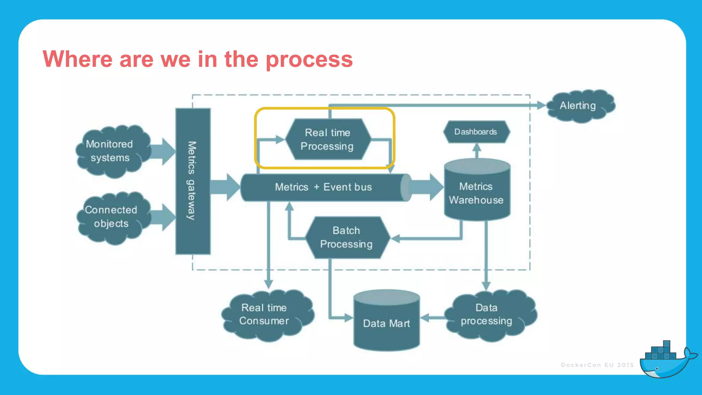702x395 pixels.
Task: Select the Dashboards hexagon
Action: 476,132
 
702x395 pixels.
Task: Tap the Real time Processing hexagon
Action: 328,139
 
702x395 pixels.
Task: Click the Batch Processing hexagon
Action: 347,237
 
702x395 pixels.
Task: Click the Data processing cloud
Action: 489,315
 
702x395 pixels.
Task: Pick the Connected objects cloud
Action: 112,217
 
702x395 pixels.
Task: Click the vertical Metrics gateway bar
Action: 193,181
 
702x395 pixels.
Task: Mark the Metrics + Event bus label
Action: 324,187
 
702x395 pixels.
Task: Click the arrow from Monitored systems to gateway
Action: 163,152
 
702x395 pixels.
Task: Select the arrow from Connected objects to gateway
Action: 163,217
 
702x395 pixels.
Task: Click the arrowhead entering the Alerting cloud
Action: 541,105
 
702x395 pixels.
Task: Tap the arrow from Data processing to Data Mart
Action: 433,318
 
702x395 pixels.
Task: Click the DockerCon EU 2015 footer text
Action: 597,365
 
